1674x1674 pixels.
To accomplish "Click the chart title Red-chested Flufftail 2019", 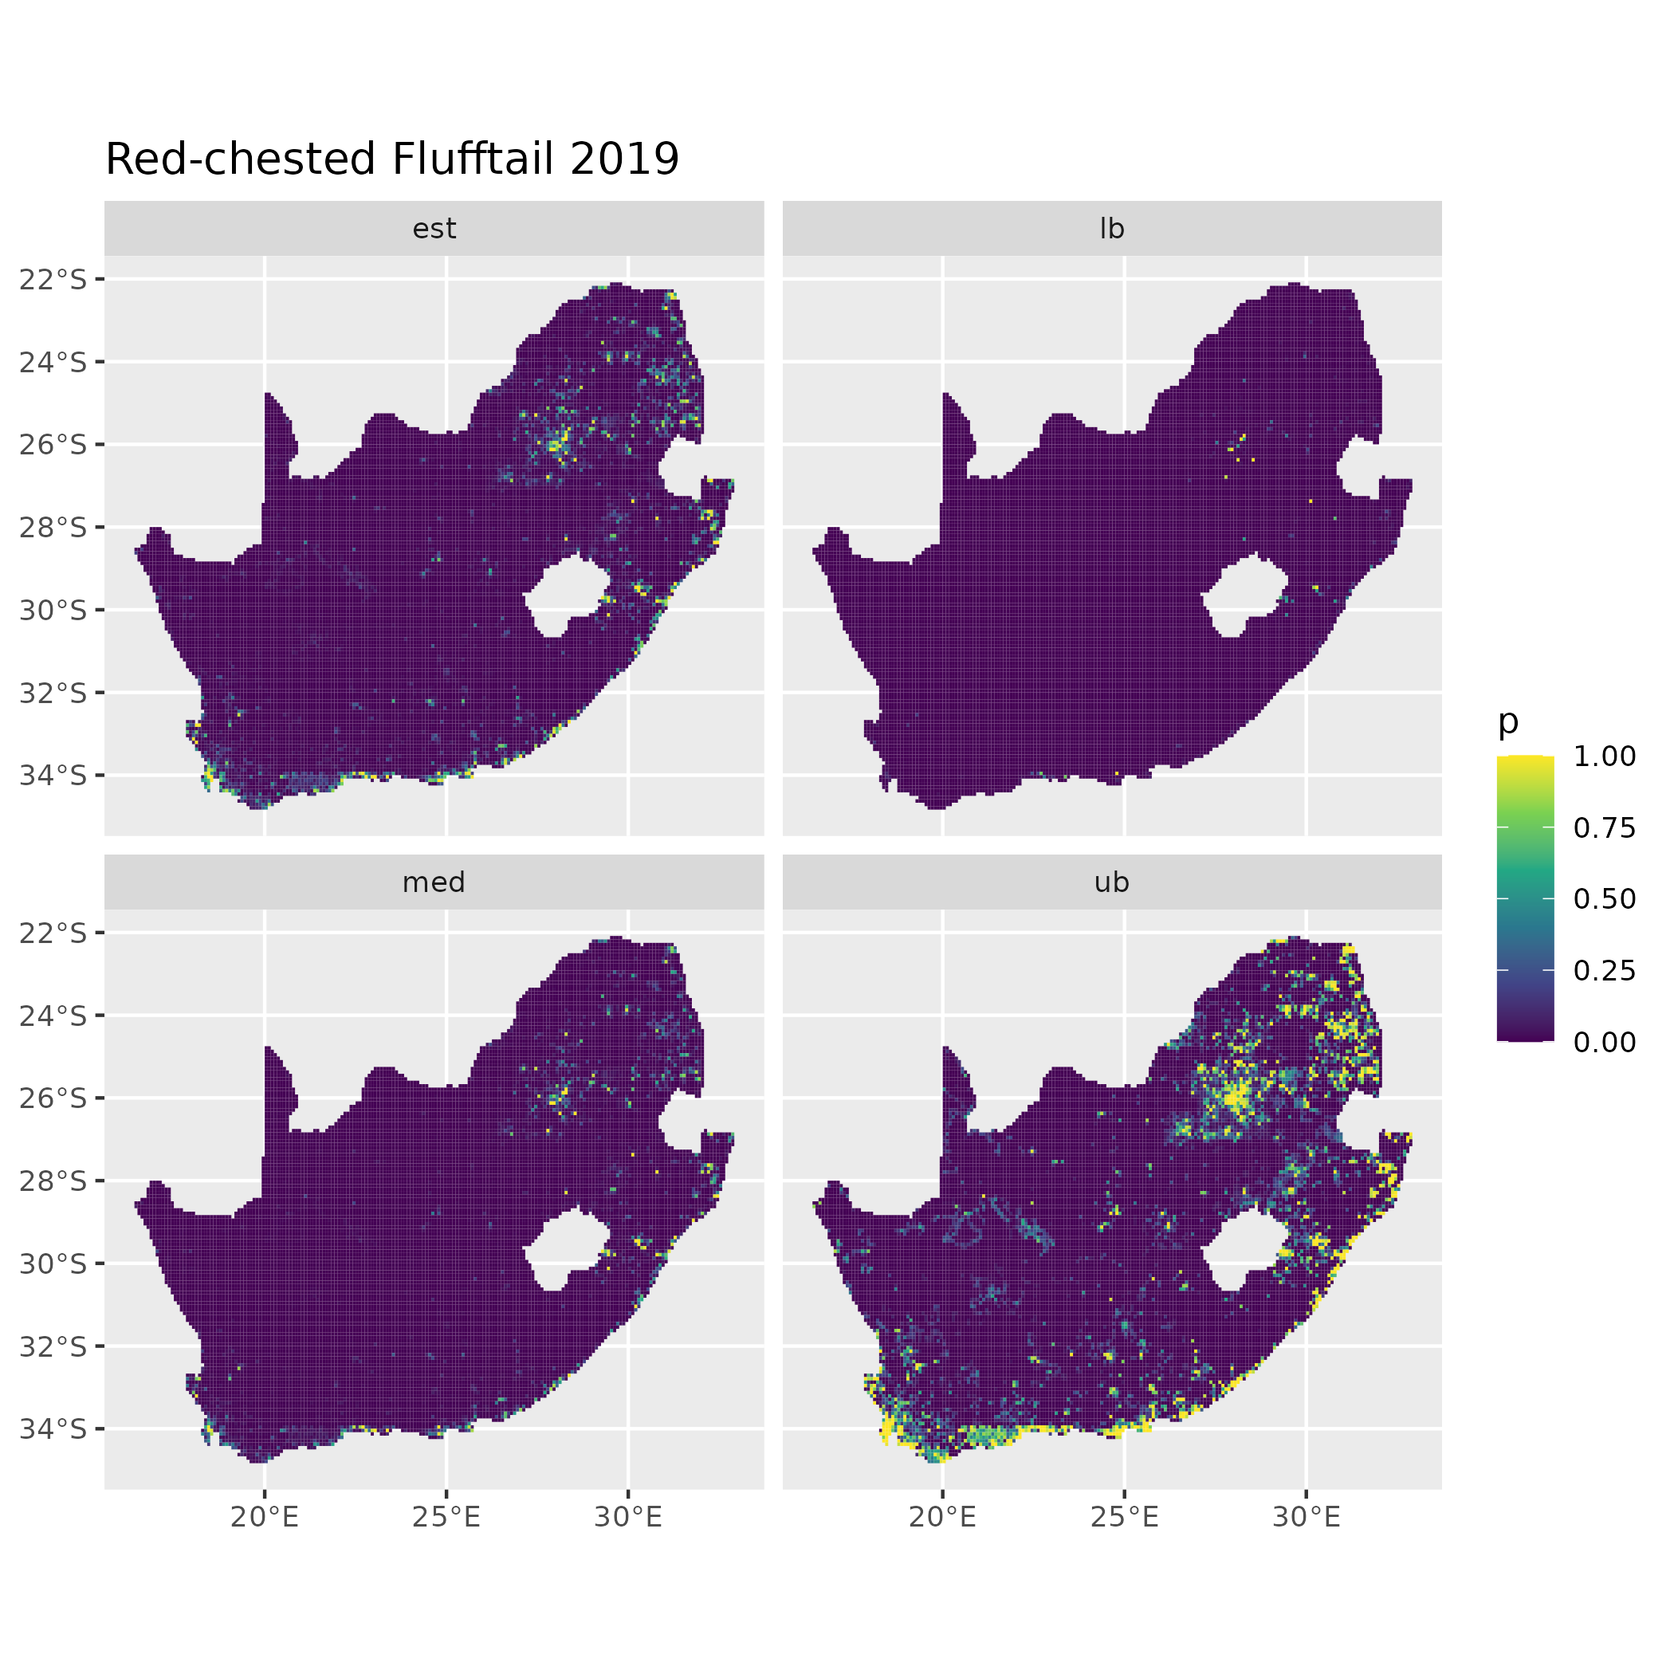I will tap(391, 159).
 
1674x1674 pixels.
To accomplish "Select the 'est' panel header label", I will tap(434, 229).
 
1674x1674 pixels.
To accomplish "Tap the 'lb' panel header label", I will tap(1112, 229).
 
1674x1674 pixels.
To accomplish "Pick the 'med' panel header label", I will tap(434, 882).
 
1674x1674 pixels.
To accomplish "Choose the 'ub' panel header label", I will tap(1112, 882).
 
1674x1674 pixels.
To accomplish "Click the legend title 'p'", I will tap(1508, 721).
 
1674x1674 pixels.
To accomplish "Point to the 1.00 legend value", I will tap(1605, 756).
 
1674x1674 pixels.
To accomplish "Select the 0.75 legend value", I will tap(1605, 827).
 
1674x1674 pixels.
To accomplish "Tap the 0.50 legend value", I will tap(1605, 898).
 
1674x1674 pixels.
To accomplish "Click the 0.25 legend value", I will tap(1605, 970).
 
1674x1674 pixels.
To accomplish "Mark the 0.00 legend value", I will tap(1605, 1042).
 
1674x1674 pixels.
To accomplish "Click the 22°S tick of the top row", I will tap(53, 279).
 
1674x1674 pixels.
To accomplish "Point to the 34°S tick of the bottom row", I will tap(53, 1428).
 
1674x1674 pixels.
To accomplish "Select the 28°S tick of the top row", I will tap(53, 527).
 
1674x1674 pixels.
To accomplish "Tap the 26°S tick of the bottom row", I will tap(53, 1098).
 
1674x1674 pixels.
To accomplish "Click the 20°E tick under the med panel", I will tap(265, 1516).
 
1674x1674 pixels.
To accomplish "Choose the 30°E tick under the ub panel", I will tap(1307, 1516).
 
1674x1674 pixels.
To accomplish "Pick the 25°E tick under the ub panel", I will tap(1125, 1516).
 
